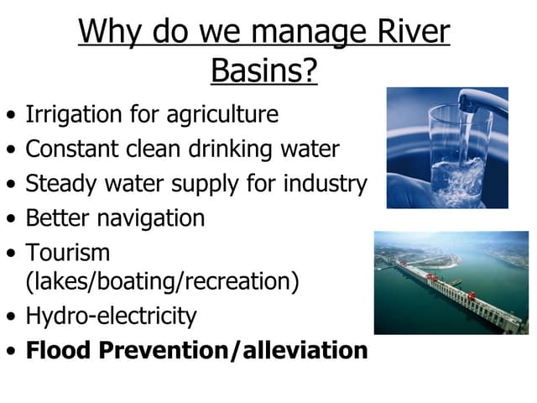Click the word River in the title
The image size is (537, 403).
(x=409, y=32)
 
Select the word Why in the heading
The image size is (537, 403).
(x=108, y=32)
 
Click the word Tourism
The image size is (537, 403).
(x=68, y=252)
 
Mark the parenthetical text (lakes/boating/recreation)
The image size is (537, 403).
(x=162, y=281)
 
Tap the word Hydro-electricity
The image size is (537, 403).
(x=112, y=317)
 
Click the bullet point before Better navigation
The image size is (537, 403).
(x=9, y=220)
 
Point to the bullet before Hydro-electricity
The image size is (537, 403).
(x=9, y=318)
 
